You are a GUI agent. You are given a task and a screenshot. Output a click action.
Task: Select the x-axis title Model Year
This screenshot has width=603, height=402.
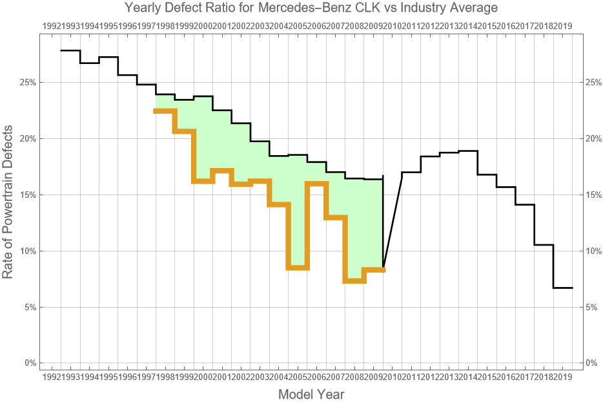point(311,394)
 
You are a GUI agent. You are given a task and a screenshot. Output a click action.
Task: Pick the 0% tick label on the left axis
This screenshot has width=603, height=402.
point(29,363)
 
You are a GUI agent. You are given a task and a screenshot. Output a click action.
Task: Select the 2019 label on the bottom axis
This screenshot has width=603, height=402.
point(562,376)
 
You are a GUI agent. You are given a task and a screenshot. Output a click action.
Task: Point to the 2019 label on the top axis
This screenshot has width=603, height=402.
point(562,26)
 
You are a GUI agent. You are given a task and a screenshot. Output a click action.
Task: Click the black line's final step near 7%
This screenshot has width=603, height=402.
point(563,288)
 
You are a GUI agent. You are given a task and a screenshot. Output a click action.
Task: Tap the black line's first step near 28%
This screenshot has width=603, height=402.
point(70,50)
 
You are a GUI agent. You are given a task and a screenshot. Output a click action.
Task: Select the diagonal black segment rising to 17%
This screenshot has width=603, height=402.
point(393,220)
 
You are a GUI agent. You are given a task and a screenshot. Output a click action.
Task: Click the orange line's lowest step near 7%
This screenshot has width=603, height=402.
point(354,280)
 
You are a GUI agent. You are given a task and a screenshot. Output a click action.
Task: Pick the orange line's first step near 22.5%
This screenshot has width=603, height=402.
point(165,111)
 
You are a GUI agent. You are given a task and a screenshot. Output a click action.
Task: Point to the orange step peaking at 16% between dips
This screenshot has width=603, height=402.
point(317,183)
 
